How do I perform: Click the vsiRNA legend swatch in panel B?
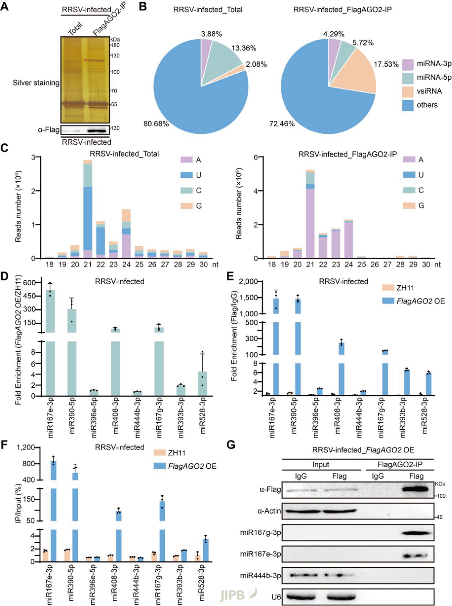408,91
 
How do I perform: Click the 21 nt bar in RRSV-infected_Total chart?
88,209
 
